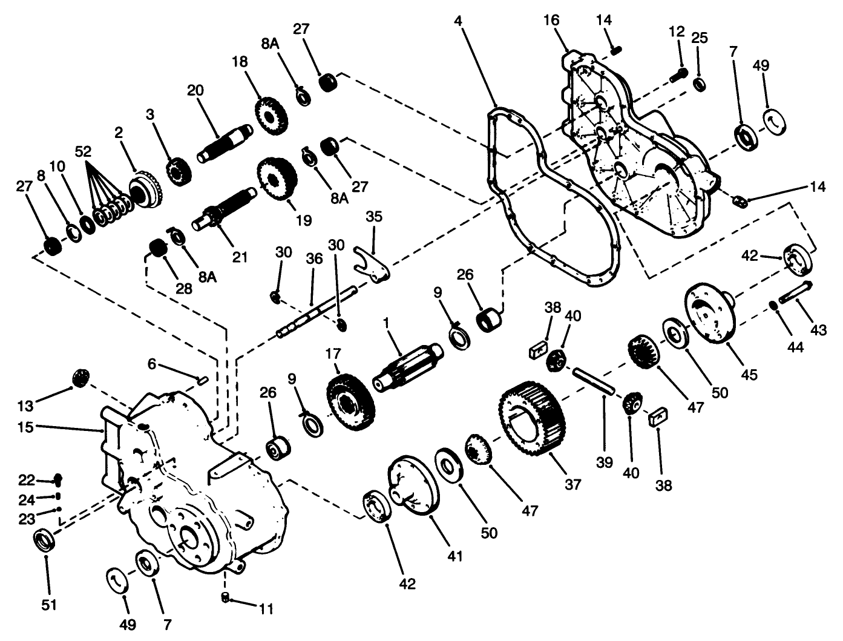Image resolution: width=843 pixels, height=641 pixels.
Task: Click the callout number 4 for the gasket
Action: tap(458, 21)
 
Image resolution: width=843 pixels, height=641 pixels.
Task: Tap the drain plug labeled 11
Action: tap(225, 597)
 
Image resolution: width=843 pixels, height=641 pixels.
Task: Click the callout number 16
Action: tap(551, 21)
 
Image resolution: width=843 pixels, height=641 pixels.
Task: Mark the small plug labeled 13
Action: tap(80, 378)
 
